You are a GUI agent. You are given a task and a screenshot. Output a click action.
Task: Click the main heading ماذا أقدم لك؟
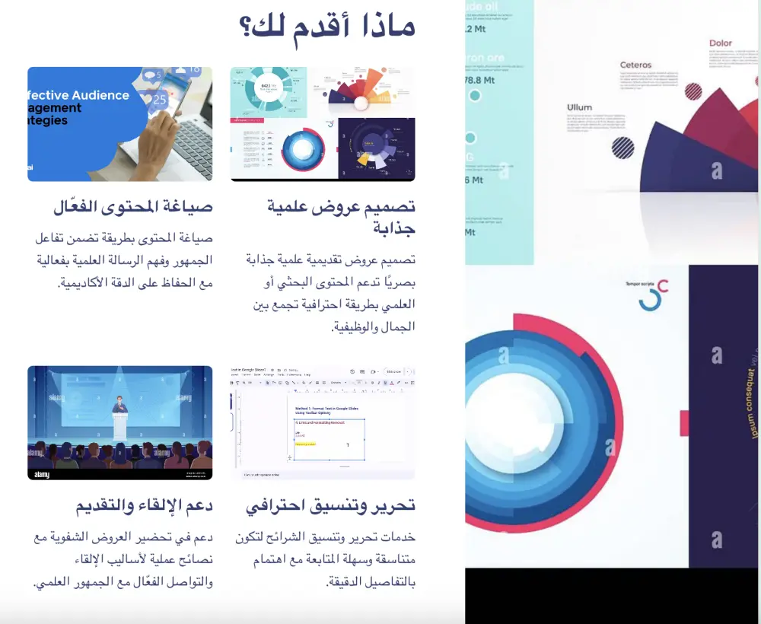coord(327,28)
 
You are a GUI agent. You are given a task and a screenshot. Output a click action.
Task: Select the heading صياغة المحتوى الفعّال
coord(132,207)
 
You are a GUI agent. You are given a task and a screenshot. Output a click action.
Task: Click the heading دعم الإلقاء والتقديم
coord(143,505)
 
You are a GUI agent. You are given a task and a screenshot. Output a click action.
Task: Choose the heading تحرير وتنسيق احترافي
coord(331,505)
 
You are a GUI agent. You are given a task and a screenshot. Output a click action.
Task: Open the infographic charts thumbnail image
coord(323,124)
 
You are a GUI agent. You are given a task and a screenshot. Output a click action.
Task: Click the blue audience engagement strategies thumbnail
coord(119,124)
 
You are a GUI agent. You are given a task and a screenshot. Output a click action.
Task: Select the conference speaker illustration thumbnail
coord(119,422)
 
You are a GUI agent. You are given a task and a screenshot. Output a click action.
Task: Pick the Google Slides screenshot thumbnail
coord(323,422)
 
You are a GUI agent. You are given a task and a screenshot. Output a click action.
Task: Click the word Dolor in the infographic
coord(720,43)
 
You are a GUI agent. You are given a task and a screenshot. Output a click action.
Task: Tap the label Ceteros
coord(635,65)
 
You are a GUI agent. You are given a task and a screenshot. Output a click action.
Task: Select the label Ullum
coord(579,108)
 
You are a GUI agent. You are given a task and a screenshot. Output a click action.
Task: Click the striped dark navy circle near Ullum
coord(622,147)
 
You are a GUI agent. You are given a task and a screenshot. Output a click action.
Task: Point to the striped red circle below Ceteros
coord(693,92)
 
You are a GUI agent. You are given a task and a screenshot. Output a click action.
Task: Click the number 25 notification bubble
coord(160,99)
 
